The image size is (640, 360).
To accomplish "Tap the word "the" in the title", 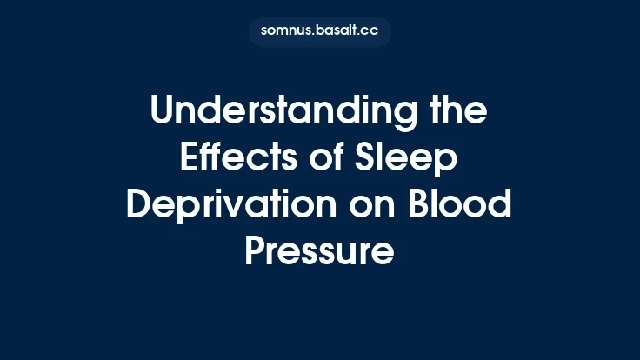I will coord(457,114).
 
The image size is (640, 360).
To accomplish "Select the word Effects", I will coord(228,160).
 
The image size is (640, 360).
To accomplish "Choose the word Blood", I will coord(461,205).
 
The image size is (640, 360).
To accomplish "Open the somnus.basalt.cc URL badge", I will coord(319,31).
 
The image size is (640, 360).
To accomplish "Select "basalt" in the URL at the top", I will coord(337,31).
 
